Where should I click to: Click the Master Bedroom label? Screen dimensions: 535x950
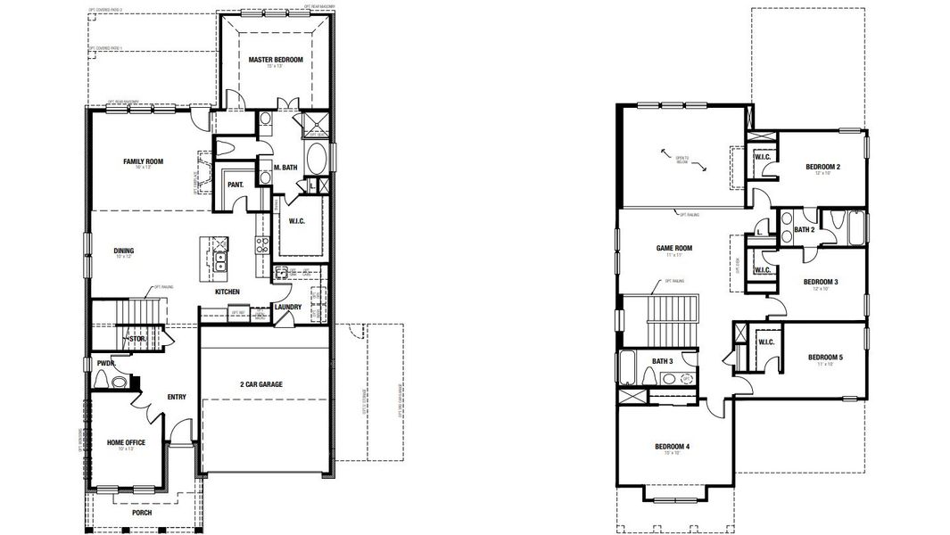click(276, 60)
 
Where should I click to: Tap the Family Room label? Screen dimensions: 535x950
click(143, 161)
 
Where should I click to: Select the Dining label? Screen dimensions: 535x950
click(124, 251)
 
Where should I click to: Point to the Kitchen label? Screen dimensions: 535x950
click(227, 292)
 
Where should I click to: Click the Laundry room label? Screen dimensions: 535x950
click(288, 308)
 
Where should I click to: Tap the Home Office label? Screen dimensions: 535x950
click(126, 442)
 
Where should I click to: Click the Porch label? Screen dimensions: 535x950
click(141, 513)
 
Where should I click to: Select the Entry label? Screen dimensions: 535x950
click(177, 397)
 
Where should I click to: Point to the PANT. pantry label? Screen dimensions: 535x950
click(236, 185)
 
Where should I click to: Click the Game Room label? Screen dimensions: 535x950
click(674, 248)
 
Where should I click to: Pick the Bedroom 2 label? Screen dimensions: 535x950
click(823, 167)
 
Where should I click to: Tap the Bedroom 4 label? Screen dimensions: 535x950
click(672, 446)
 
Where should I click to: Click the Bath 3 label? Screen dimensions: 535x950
click(661, 360)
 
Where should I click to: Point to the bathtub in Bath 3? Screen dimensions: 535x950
click(628, 367)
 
